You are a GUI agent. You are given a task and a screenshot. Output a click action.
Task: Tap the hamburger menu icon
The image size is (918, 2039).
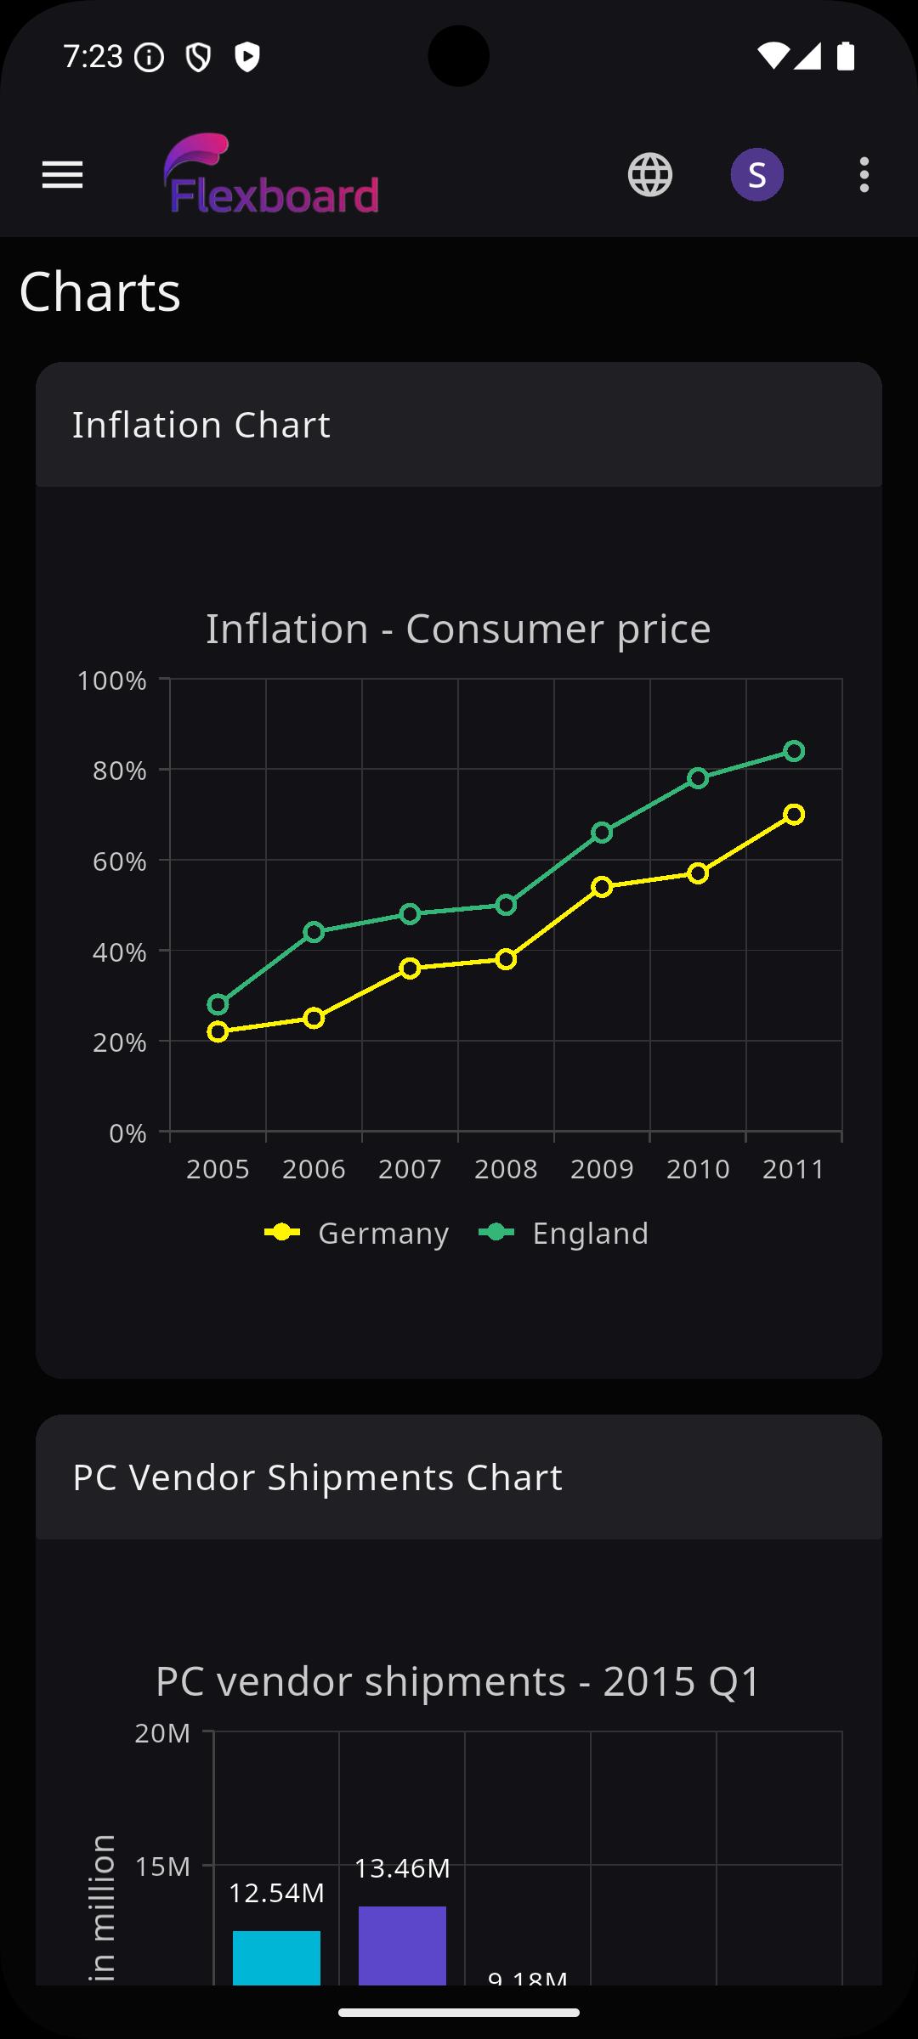(x=62, y=175)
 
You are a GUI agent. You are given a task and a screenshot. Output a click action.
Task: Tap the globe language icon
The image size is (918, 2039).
(x=650, y=175)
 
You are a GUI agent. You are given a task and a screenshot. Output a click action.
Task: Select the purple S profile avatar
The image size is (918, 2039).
(x=756, y=175)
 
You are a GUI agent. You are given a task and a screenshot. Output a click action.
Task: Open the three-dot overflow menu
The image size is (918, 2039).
(x=864, y=175)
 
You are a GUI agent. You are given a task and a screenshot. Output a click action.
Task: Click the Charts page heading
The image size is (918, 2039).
(x=100, y=292)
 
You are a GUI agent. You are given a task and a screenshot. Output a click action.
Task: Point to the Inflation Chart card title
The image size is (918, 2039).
(x=201, y=425)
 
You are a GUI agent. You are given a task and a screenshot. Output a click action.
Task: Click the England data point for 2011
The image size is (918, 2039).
(x=794, y=751)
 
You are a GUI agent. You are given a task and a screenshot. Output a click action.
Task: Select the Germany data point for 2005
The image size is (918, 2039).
(x=218, y=1032)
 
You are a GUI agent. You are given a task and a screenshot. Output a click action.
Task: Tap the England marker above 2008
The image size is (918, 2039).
(x=506, y=905)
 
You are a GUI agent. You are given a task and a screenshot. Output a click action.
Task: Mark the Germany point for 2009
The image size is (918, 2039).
(x=602, y=887)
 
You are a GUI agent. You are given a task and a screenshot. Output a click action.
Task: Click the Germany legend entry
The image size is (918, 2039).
(x=357, y=1233)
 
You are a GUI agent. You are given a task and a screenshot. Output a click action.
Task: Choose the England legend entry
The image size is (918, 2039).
(x=564, y=1233)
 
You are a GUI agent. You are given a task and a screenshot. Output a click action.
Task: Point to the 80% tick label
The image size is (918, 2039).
(x=120, y=771)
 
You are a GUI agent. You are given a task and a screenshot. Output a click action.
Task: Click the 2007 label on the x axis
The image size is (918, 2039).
(x=410, y=1169)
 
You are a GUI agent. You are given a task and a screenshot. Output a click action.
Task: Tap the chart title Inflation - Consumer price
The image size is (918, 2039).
(x=458, y=629)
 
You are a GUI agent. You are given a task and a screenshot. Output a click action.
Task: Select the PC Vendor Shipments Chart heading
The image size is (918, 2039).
(x=317, y=1477)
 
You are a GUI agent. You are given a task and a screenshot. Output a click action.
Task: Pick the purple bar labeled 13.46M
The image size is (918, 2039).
(x=402, y=1946)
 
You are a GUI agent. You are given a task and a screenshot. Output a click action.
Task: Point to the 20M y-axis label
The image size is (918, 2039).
(x=162, y=1733)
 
